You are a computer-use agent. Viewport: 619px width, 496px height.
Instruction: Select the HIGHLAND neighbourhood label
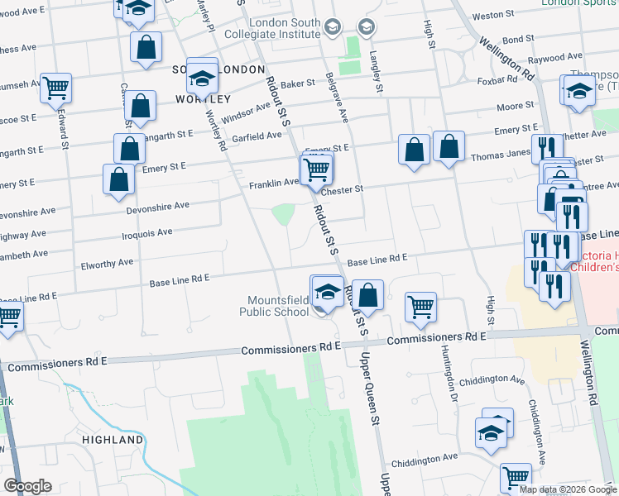point(113,440)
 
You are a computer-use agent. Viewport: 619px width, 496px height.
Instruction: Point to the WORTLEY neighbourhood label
point(197,99)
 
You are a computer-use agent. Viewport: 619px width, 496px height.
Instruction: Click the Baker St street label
point(299,83)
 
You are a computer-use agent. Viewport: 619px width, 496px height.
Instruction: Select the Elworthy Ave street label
point(107,263)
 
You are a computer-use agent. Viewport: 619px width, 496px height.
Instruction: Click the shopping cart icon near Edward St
point(56,87)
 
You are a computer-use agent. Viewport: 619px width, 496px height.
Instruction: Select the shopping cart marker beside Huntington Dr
point(421,307)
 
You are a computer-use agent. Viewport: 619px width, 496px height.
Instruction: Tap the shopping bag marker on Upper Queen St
point(369,294)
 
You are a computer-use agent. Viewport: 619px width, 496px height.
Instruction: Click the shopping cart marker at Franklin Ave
point(317,170)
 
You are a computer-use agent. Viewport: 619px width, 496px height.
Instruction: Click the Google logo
point(27,486)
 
